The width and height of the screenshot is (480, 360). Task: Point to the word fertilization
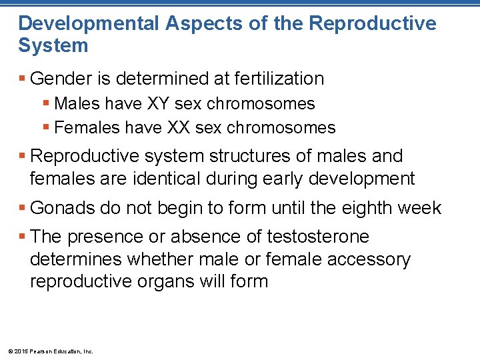click(x=279, y=79)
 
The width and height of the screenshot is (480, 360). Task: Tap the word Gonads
click(x=65, y=208)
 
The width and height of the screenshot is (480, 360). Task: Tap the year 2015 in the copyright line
click(x=19, y=351)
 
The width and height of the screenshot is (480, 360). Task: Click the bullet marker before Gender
click(x=23, y=79)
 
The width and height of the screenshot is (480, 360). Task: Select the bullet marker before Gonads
click(x=23, y=209)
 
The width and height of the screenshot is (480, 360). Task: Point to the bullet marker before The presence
click(x=23, y=237)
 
